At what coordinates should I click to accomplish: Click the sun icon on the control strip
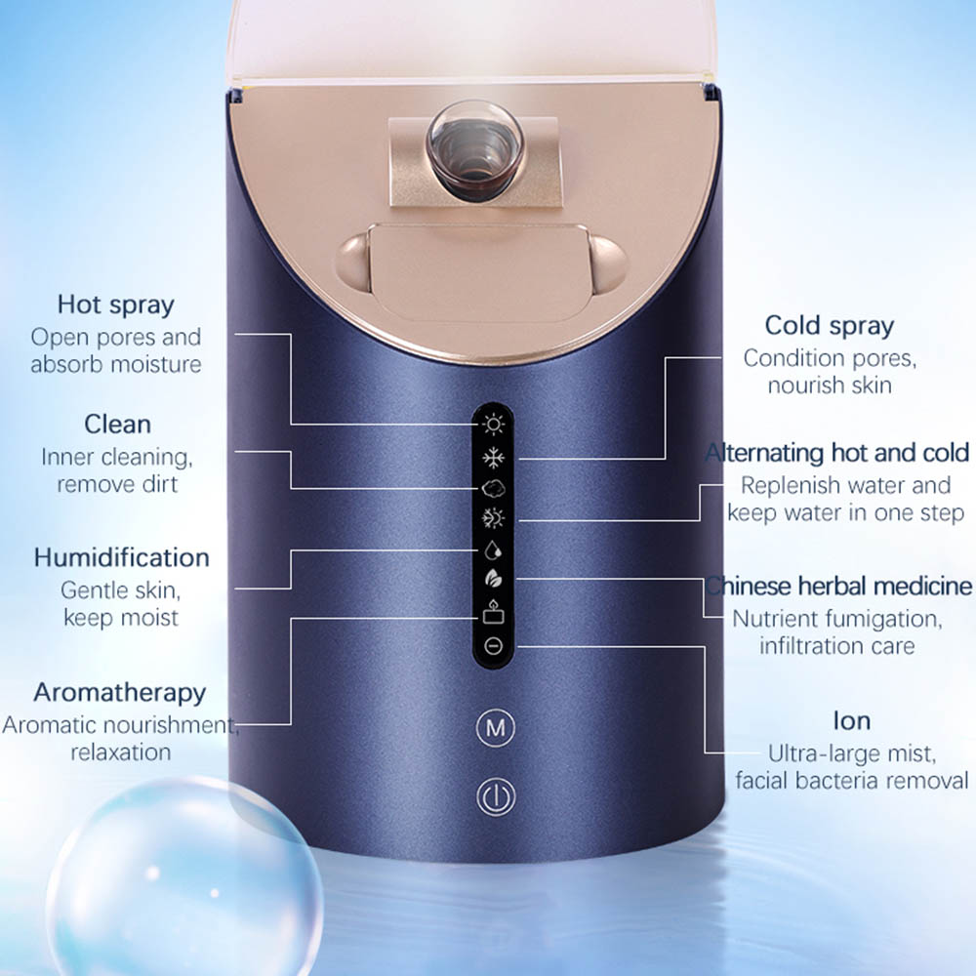coord(494,425)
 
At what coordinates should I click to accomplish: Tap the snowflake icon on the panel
coord(494,458)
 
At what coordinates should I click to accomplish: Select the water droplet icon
coord(493,549)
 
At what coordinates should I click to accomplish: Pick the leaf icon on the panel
coord(493,579)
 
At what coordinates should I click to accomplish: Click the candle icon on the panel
coord(493,612)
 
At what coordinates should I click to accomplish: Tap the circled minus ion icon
coord(494,646)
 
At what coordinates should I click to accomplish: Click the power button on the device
coord(496,796)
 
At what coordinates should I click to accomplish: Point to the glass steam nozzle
coord(474,151)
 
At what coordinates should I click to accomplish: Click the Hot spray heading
coord(116,305)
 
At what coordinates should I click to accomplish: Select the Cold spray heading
coord(829,326)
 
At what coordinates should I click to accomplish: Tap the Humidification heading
coord(121,557)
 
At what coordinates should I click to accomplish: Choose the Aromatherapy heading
coord(119,693)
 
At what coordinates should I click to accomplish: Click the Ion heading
coord(851,721)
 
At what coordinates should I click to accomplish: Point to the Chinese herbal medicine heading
coord(838,587)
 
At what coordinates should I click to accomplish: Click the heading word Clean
coord(118,424)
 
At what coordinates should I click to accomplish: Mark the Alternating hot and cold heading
coord(837,453)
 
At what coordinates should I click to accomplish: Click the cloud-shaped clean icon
coord(494,488)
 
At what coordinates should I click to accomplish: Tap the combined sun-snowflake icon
coord(494,518)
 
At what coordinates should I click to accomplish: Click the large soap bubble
coord(184,876)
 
